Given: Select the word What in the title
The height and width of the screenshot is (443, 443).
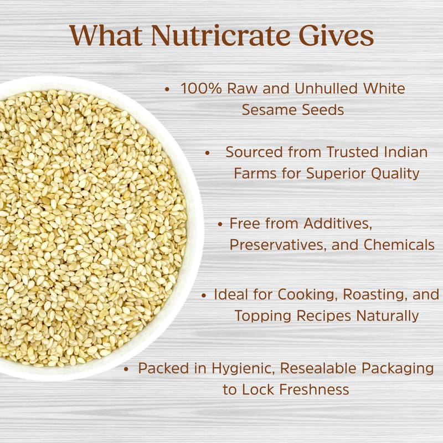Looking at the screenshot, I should [106, 35].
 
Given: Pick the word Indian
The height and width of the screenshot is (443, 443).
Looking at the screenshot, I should [403, 152].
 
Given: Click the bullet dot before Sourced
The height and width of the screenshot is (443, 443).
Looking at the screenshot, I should [208, 152].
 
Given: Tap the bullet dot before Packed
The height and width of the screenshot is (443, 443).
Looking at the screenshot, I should [127, 368].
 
